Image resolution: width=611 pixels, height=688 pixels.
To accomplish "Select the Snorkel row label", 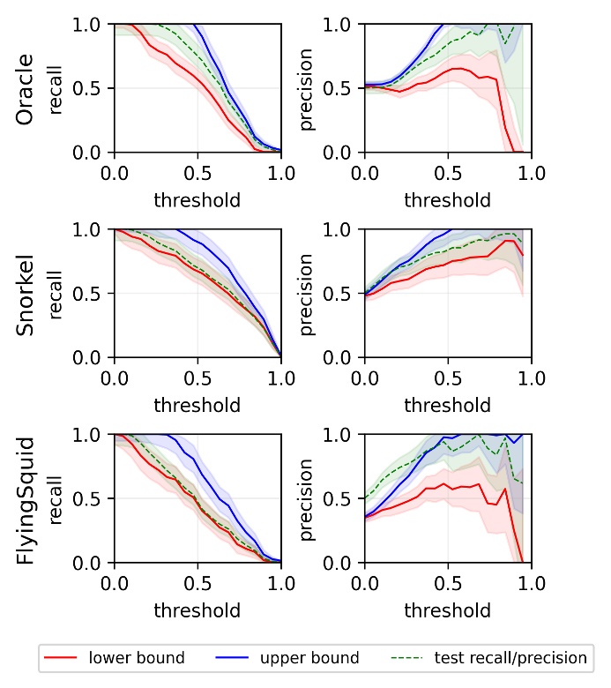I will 26,294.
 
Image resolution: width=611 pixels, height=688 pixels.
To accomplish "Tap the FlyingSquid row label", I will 26,499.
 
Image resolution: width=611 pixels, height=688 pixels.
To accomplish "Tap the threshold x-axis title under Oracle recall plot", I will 197,200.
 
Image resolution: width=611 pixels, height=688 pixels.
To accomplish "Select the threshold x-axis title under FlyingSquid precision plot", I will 448,609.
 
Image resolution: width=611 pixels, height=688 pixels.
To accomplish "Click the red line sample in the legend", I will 63,658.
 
